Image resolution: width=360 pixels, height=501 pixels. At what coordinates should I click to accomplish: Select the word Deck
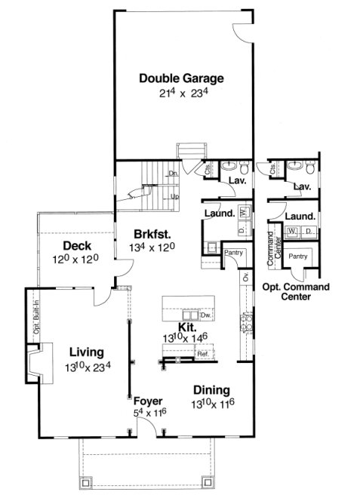77,246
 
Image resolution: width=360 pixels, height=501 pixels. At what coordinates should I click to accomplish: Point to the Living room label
86,351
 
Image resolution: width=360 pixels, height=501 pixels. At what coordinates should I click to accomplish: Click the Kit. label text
186,327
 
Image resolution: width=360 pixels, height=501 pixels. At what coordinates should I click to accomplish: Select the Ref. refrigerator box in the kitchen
202,354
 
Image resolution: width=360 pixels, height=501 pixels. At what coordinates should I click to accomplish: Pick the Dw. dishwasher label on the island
205,315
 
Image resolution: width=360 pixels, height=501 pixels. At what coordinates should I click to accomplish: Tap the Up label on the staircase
174,196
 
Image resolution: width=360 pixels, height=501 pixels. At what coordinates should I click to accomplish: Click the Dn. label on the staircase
173,174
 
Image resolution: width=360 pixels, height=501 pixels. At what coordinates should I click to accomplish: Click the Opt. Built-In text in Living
35,317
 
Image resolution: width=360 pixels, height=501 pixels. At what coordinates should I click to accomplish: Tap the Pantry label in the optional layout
300,257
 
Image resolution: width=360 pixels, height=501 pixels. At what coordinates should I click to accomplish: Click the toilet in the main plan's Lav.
235,167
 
